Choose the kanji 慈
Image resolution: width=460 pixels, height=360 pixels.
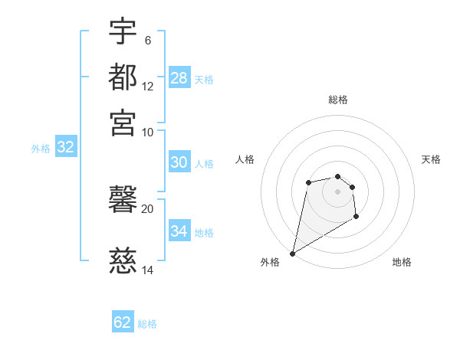click(x=123, y=260)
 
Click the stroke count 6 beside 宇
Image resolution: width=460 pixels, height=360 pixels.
click(x=148, y=41)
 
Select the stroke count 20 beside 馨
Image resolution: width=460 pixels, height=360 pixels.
click(x=148, y=208)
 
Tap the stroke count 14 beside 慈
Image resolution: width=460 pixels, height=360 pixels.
click(x=148, y=270)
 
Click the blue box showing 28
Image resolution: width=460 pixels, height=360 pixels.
click(x=179, y=78)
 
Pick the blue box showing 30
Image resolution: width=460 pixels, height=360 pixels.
click(x=179, y=162)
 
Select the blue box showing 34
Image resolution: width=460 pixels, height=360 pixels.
click(x=179, y=231)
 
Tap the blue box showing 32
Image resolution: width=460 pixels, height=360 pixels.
click(x=65, y=148)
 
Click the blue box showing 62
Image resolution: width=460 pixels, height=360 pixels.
click(x=123, y=322)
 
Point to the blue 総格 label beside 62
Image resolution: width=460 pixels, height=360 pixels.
click(x=147, y=324)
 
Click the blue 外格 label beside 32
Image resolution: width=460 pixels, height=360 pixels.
click(x=41, y=149)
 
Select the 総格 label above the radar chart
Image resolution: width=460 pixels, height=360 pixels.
click(x=337, y=100)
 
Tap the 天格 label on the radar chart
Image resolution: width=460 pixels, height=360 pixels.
click(x=431, y=159)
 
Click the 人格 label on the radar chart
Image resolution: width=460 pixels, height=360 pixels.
click(x=245, y=159)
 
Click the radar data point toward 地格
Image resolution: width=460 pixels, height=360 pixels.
click(x=356, y=217)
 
